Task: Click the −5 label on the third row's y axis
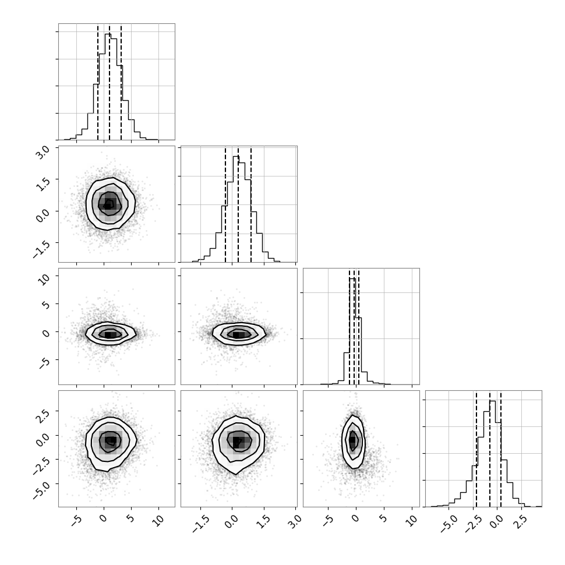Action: pos(44,362)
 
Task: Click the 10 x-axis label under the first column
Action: pos(158,520)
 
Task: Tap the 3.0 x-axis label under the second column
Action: pos(295,520)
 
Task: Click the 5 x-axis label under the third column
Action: pos(383,518)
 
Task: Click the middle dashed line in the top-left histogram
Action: pos(110,82)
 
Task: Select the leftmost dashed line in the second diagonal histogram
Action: pos(225,204)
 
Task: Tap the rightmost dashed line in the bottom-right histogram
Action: pos(501,449)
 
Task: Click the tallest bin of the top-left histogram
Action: pos(108,87)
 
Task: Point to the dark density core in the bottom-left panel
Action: pos(110,441)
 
